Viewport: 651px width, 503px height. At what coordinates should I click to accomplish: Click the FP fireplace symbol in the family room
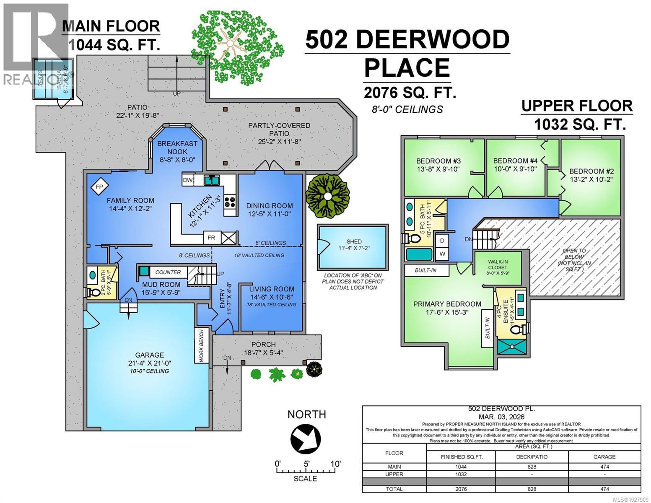99,187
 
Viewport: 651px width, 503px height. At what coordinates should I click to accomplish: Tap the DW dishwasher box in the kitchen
188,180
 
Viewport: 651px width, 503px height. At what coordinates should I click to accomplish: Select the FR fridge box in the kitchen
212,238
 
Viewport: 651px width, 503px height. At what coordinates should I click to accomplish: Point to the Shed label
354,242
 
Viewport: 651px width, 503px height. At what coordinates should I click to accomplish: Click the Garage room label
149,355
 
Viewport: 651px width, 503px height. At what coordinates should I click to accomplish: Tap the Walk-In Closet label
498,264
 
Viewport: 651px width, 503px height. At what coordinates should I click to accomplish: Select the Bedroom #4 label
515,161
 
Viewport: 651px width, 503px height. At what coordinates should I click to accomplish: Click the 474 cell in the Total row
604,489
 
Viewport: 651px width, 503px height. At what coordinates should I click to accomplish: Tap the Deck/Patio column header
532,456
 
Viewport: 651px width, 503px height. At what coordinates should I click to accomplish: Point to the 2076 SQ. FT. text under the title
410,92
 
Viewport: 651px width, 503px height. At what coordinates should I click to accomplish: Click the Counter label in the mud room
168,272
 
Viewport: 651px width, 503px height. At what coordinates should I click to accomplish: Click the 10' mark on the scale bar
335,464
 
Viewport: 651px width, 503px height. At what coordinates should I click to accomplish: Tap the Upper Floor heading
577,106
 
